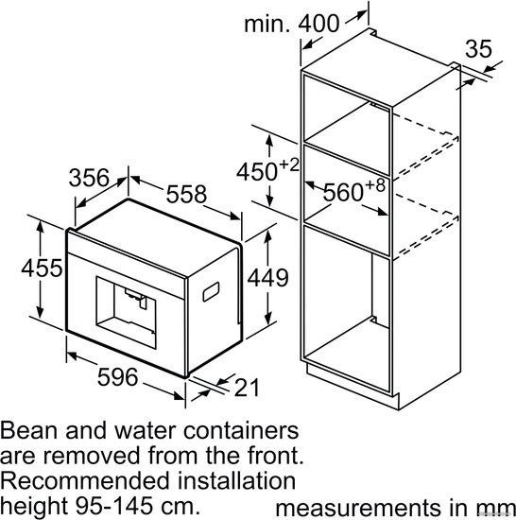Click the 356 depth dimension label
click(x=89, y=178)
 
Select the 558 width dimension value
click(x=186, y=194)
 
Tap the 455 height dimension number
click(x=42, y=268)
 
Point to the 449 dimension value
click(x=267, y=278)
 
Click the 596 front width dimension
click(x=117, y=377)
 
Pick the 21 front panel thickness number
click(x=247, y=388)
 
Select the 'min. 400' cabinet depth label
click(x=292, y=24)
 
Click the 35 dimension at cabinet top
click(x=478, y=49)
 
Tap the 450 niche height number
click(x=257, y=172)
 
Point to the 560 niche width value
click(x=343, y=192)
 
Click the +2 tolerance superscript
click(x=289, y=165)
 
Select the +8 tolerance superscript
click(x=375, y=185)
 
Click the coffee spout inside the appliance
click(x=136, y=298)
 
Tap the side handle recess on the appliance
click(x=211, y=292)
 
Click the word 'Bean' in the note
click(x=30, y=430)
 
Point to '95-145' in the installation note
click(x=114, y=506)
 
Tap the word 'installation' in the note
click(x=236, y=481)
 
